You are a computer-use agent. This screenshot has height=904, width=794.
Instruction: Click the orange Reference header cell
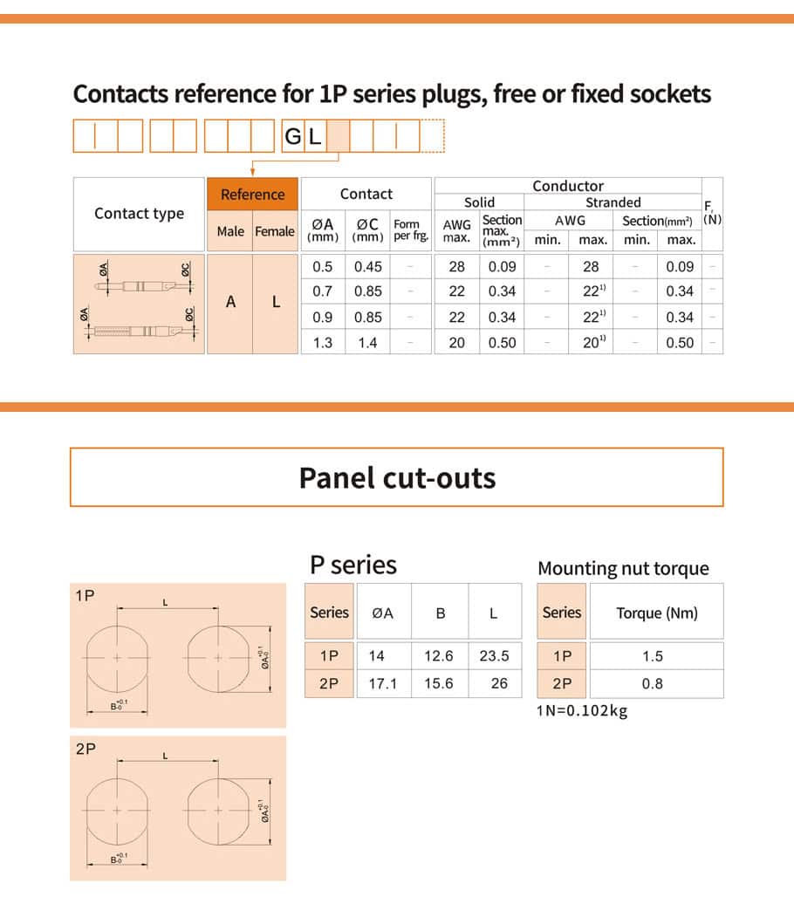point(252,195)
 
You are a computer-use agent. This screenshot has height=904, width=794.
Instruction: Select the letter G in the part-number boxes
point(292,137)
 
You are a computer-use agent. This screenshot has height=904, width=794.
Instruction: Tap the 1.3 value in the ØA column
point(323,343)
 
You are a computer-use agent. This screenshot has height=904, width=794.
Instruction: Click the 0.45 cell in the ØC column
point(367,267)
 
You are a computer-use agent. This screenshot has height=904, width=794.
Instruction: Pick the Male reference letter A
point(230,302)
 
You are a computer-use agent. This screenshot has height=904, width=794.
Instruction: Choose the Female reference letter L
point(276,302)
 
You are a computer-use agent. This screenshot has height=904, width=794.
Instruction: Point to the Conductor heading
point(567,186)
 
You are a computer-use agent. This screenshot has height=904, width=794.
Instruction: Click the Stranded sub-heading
point(613,202)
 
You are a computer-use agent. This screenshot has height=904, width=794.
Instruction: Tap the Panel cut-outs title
point(397,477)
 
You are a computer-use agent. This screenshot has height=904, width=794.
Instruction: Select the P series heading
point(353,565)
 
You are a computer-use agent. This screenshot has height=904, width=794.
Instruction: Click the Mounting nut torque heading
point(623,569)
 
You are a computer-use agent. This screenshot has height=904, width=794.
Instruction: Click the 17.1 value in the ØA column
point(382,684)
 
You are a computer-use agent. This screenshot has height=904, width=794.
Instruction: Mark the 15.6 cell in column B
point(439,684)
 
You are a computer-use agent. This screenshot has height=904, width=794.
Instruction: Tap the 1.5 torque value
point(653,657)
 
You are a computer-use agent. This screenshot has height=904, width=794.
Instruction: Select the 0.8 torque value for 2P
point(653,684)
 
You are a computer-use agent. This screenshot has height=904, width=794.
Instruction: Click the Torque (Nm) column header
point(657,613)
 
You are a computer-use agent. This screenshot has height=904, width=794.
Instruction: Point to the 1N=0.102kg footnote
point(582,710)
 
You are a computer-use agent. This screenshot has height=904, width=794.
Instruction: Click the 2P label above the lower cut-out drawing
point(86,749)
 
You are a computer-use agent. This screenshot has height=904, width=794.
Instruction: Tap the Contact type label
point(140,214)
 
